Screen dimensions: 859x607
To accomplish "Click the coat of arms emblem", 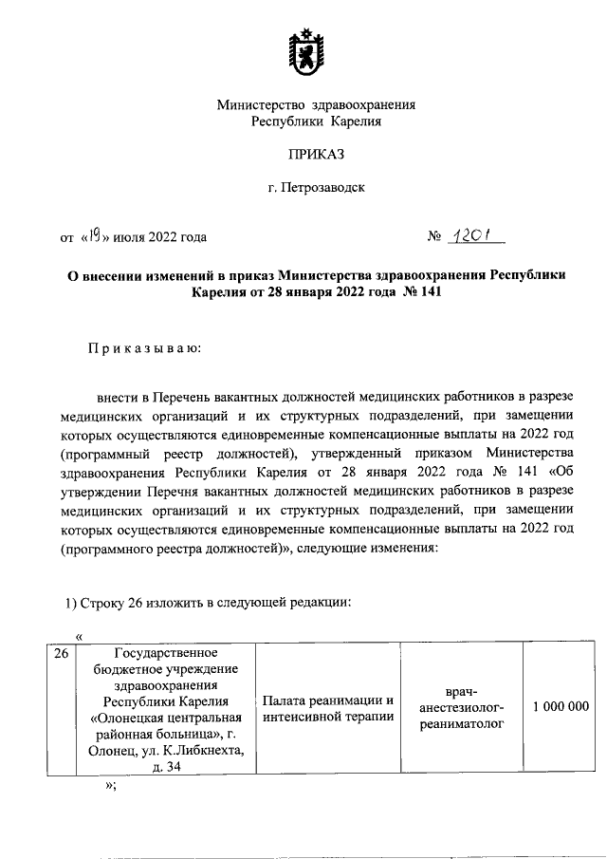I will point(303,54).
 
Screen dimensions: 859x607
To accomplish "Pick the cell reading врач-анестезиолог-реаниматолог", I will point(461,706).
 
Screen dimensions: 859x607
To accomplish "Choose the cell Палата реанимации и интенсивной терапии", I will point(328,707).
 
